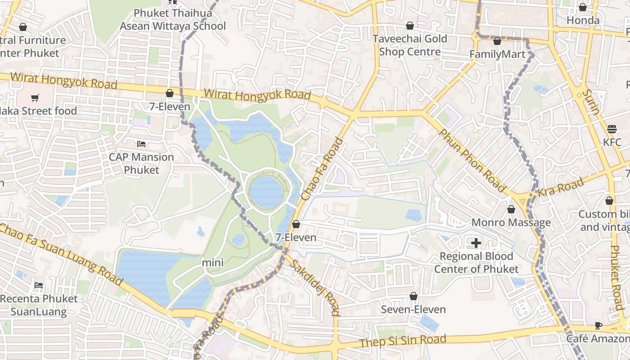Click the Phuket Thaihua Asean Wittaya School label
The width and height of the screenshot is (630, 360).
click(x=172, y=20)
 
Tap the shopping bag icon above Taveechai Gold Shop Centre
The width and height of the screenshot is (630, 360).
click(x=410, y=26)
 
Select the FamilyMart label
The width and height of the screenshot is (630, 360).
click(x=497, y=54)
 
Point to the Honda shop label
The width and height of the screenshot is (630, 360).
click(x=583, y=20)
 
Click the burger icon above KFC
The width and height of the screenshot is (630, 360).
click(x=612, y=129)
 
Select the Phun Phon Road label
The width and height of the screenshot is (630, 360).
click(x=472, y=161)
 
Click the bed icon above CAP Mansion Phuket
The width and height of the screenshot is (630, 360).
click(x=141, y=144)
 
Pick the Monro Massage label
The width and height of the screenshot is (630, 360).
click(x=511, y=222)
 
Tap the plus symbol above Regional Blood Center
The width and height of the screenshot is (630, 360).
click(x=476, y=243)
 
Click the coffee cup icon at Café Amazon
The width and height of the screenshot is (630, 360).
click(x=598, y=325)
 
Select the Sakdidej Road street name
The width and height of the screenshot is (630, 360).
click(x=315, y=288)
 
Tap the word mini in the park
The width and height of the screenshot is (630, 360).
click(x=212, y=262)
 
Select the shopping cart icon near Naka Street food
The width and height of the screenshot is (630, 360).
click(x=35, y=98)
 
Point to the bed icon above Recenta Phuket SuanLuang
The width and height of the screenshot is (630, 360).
click(x=39, y=286)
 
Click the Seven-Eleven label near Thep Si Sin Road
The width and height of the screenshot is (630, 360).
click(x=413, y=310)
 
